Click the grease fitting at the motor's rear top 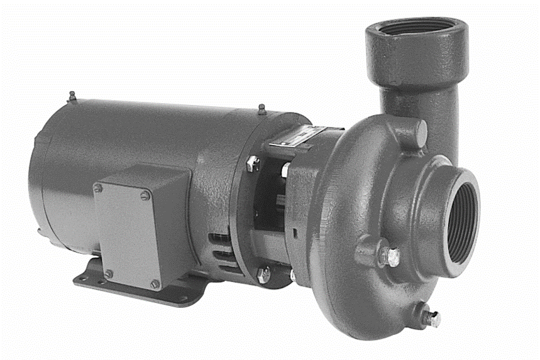coord(72,96)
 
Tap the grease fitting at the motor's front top coord(261,109)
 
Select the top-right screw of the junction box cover coord(145,195)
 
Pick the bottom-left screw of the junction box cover coord(108,274)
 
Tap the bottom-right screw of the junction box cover coord(155,284)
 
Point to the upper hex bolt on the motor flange coord(253,163)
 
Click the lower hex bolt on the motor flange coord(263,275)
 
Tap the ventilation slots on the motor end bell coord(221,251)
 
